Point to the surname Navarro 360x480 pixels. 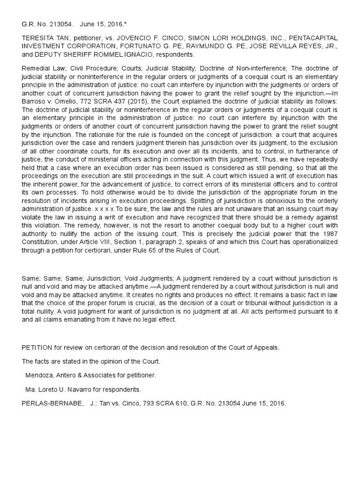tap(76, 389)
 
